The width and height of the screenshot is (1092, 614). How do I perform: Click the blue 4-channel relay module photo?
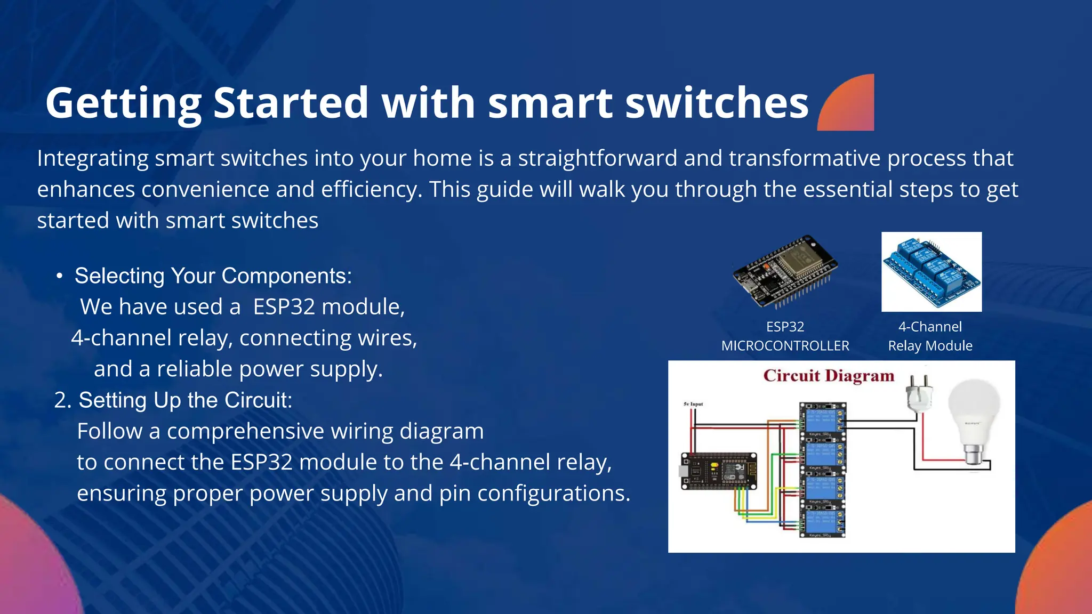point(931,272)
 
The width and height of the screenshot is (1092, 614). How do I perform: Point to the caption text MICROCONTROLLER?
point(785,346)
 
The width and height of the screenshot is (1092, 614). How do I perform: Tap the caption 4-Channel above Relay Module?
point(930,327)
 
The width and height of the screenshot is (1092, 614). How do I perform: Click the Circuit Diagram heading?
point(828,376)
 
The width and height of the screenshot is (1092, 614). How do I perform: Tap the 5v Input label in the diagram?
point(693,404)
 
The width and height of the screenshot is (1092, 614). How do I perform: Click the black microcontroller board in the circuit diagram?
point(719,471)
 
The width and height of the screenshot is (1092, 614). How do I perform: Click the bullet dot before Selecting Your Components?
point(60,276)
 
